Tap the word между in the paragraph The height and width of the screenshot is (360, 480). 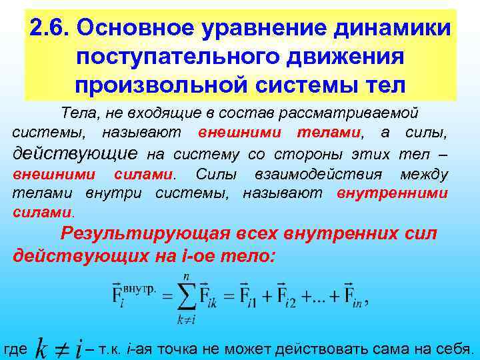pos(424,175)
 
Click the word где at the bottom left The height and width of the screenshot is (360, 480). pos(15,349)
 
